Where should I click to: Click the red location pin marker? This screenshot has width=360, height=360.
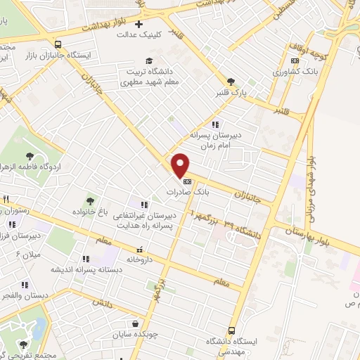tap(181, 165)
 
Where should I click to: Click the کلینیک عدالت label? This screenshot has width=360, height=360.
tap(139, 34)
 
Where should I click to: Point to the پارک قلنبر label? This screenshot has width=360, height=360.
tap(231, 92)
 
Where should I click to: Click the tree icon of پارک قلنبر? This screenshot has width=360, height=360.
tap(231, 82)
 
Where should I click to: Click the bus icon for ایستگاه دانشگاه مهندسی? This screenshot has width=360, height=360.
tap(231, 330)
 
